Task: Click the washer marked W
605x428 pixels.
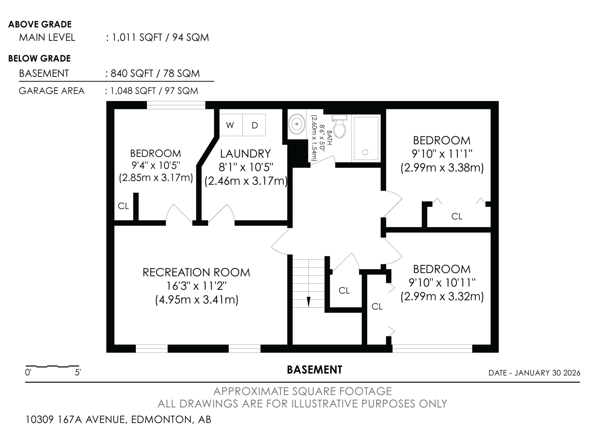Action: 231,125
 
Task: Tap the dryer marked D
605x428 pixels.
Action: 254,125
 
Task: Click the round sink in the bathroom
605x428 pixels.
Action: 297,124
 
